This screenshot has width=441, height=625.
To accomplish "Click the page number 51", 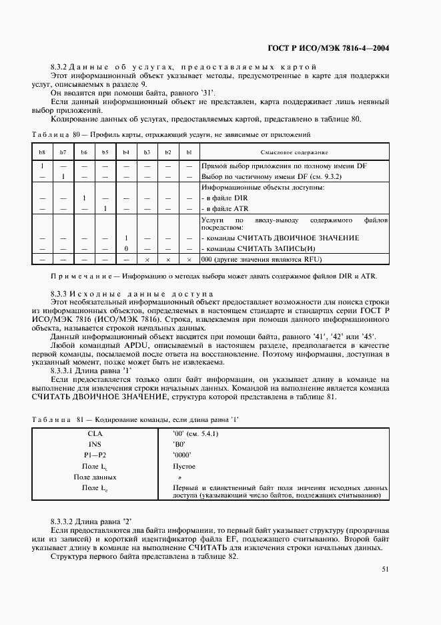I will (386, 570).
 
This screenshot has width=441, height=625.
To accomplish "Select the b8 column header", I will (42, 152).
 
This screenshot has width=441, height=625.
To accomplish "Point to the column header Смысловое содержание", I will (289, 152).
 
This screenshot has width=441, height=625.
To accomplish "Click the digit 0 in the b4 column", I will (125, 248).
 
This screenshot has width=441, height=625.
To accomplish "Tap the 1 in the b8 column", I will (42, 166).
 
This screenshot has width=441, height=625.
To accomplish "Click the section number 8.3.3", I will (60, 293).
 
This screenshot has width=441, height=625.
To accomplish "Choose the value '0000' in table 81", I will (182, 455).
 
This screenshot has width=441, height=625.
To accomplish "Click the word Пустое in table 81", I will (184, 466).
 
